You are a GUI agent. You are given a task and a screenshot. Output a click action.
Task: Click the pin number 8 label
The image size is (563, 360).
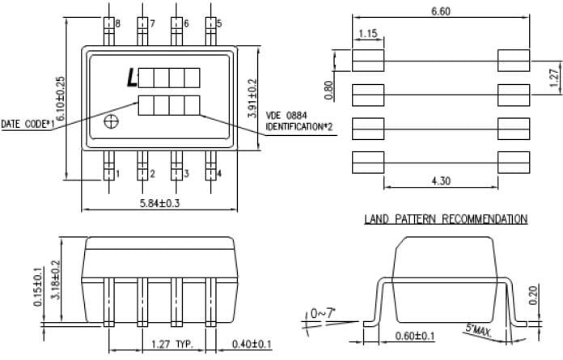[117, 23]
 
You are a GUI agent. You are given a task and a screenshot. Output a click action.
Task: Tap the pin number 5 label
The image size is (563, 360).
[219, 23]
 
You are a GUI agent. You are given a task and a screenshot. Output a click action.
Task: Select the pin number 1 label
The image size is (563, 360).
[117, 173]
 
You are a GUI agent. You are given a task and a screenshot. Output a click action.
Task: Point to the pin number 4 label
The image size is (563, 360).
[219, 173]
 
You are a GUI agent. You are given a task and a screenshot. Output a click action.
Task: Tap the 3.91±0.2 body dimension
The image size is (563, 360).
[253, 99]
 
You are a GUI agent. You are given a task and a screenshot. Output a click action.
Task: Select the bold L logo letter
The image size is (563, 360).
[131, 78]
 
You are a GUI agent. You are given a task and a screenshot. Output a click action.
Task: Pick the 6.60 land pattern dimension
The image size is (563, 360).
[440, 11]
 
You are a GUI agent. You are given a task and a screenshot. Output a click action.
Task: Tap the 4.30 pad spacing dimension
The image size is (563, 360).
[440, 182]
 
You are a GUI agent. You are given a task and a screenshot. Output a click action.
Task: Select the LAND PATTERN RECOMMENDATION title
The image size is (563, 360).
[446, 218]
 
